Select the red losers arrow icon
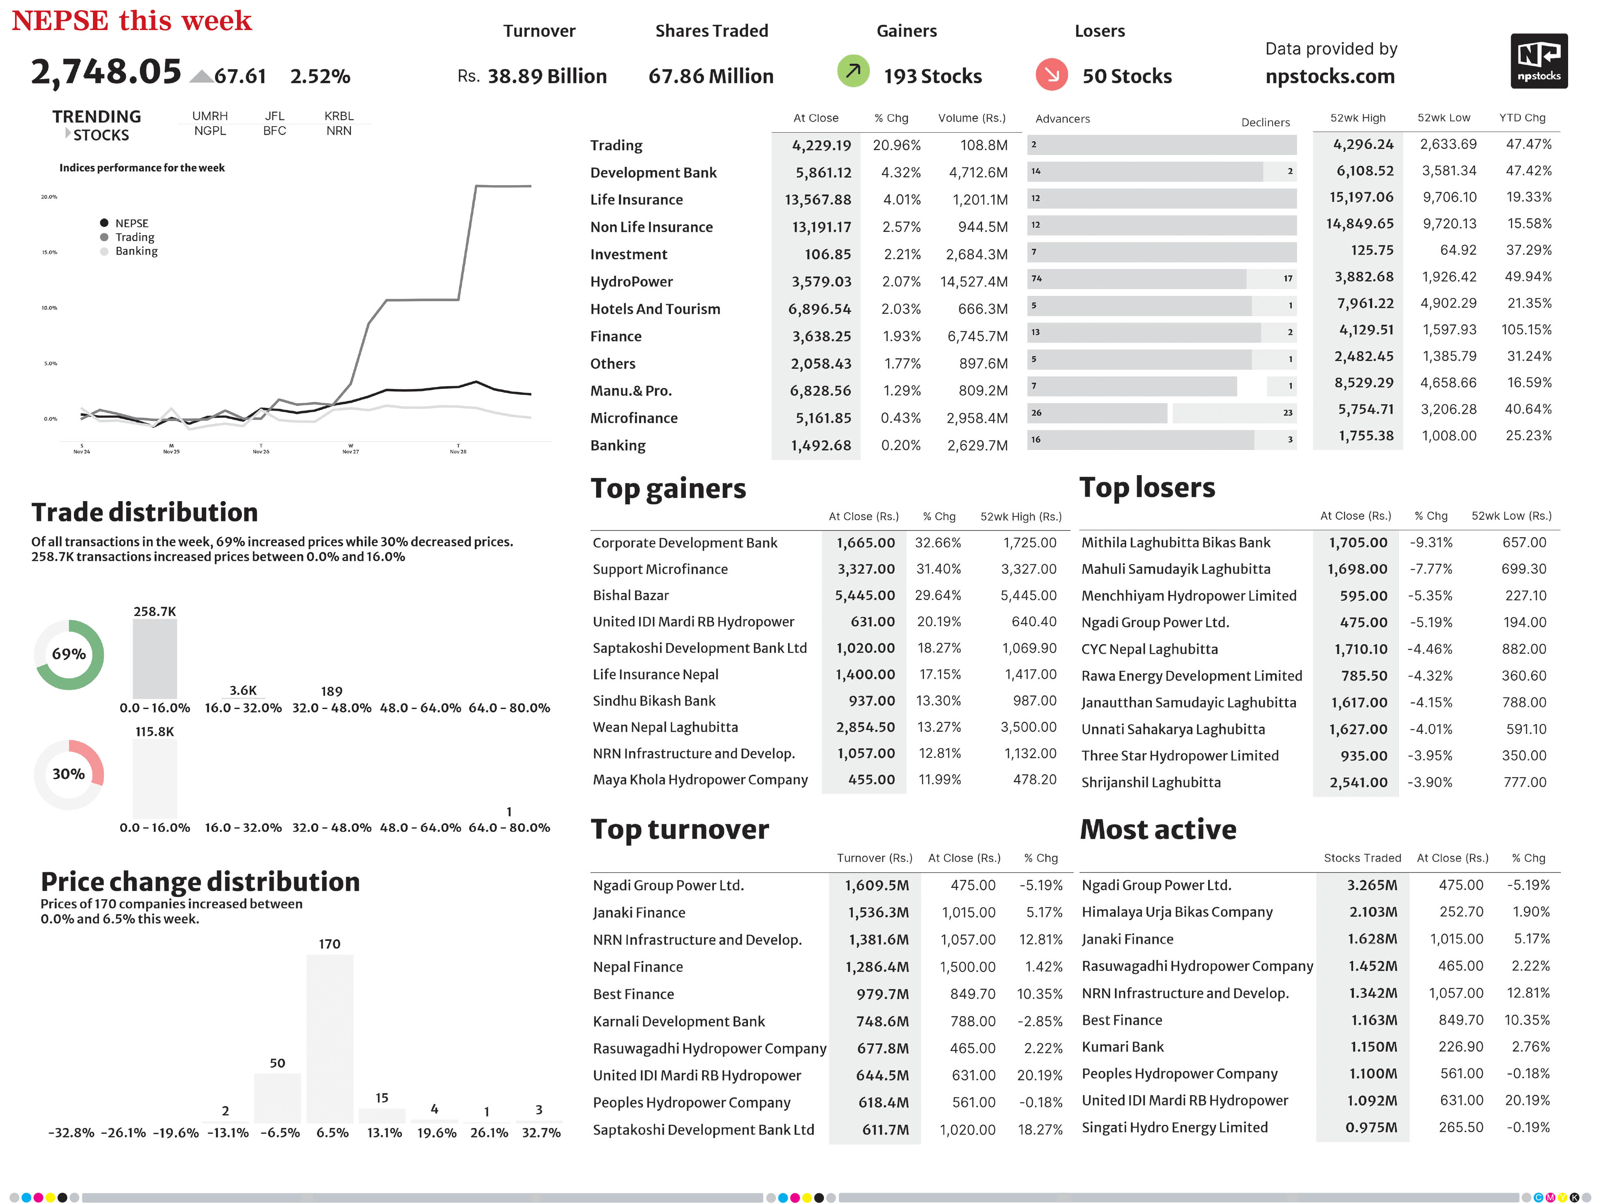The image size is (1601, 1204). tap(1051, 74)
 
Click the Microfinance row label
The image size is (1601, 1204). tap(634, 418)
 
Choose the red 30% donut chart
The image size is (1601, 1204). tap(69, 774)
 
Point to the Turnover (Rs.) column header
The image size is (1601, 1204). tap(874, 858)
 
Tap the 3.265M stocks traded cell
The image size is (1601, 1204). tap(1372, 885)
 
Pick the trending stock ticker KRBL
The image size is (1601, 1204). tap(339, 116)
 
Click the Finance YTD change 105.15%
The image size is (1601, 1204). tap(1526, 329)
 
